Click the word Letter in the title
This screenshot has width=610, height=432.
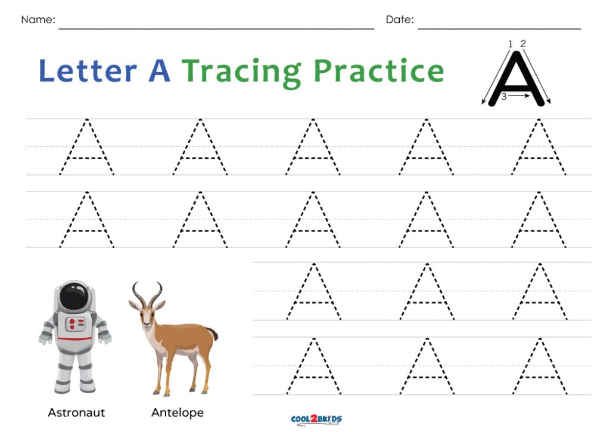coord(88,70)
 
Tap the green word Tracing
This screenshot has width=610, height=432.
coord(242,72)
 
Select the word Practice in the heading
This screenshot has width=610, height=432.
coord(378,70)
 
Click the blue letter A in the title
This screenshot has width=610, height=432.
coord(160,70)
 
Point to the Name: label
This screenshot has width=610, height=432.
coord(38,20)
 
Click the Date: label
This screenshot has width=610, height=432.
coord(400,20)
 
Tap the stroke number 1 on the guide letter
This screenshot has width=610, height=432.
coord(511,44)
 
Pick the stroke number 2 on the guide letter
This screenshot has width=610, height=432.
coord(523,43)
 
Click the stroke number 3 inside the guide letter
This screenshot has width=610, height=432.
coord(504,97)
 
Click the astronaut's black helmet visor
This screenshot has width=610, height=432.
coord(74,296)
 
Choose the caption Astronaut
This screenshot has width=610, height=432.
coord(76,412)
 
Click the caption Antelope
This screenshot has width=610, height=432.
coord(178,413)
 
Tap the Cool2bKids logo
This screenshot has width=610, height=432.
coord(316,419)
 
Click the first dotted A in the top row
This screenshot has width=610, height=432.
coord(87,147)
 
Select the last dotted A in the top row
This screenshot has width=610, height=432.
coord(539,147)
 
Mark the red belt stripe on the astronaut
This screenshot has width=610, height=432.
coord(75,339)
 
